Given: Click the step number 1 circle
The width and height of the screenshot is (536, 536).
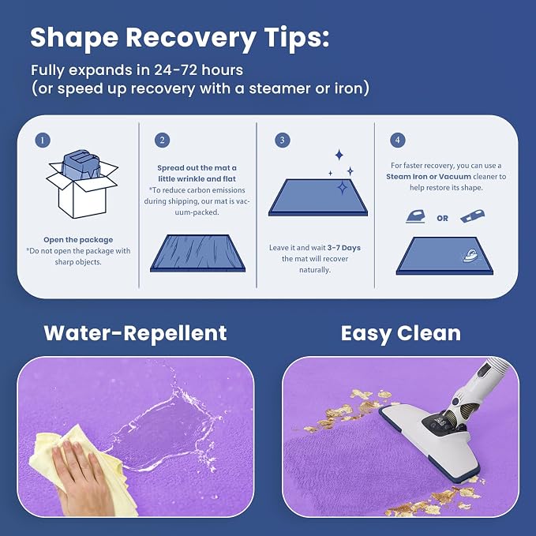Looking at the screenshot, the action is point(43,141).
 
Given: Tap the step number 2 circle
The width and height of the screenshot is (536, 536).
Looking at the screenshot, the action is point(162,141).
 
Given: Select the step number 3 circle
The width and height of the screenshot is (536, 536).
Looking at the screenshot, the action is point(283,141).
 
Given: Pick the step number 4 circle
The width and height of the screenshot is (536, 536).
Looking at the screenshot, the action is point(398,141).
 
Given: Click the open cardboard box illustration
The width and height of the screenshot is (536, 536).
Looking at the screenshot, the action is point(82,185).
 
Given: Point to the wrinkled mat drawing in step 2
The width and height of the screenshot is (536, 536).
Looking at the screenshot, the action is point(197,253).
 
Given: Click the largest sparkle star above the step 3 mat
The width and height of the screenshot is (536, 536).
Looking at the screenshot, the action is point(339,155).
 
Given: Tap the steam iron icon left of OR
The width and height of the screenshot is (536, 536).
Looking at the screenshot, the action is point(415,217).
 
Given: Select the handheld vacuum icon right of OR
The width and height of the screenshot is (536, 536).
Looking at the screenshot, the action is point(472,216).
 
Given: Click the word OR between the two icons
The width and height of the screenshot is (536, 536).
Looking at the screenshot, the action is point(442,218).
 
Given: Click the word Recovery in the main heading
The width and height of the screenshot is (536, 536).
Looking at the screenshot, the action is point(191,38).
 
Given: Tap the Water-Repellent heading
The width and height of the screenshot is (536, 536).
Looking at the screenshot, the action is point(135,333).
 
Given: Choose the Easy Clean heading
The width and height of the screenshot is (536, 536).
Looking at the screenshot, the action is point(401,334).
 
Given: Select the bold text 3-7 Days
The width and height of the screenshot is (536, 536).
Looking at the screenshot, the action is point(344,248).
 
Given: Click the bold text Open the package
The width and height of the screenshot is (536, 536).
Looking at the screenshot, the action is point(78,240).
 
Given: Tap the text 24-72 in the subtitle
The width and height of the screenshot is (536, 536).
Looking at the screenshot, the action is point(176,70).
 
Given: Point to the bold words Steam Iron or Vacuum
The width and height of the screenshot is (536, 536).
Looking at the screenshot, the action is point(429,176).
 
